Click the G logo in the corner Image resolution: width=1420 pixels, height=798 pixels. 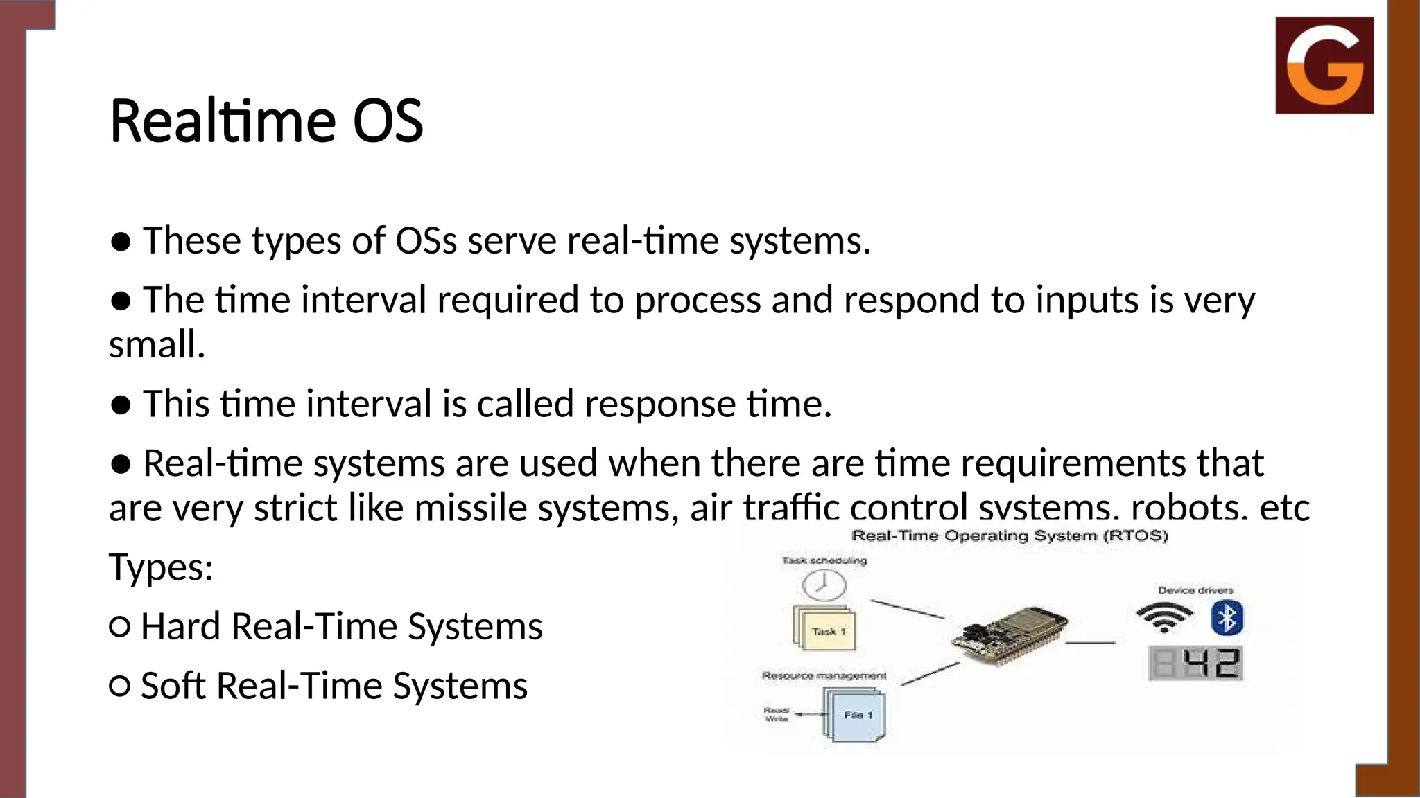click(x=1324, y=65)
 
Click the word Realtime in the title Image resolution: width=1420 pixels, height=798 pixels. click(x=222, y=121)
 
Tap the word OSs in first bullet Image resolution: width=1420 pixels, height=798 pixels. click(x=426, y=241)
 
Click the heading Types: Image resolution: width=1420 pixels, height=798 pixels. click(x=161, y=567)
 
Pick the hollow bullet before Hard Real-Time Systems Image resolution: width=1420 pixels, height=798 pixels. click(x=119, y=627)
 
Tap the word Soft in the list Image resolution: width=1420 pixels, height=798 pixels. click(x=173, y=686)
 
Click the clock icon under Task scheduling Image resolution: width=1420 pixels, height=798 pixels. click(x=824, y=585)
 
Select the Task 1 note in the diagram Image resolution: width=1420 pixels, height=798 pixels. click(x=825, y=630)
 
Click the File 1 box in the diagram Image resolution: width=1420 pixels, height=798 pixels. click(x=855, y=715)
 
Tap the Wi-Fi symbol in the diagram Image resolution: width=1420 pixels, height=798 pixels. click(x=1164, y=617)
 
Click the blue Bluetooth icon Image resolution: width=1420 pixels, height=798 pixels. click(x=1227, y=618)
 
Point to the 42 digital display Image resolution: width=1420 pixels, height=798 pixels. click(x=1196, y=663)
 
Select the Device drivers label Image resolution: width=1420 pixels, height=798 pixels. click(x=1195, y=590)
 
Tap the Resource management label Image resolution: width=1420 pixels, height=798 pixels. click(x=824, y=675)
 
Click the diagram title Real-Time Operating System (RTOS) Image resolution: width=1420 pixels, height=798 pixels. click(x=1010, y=535)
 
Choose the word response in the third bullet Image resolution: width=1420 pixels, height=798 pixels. click(x=659, y=404)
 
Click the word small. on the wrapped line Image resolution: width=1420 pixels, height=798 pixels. click(x=157, y=345)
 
